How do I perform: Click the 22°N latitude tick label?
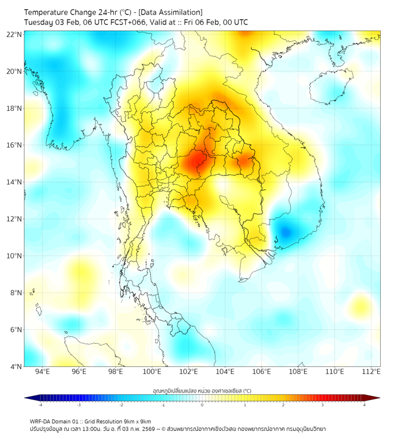point(15,34)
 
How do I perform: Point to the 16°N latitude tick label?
point(15,145)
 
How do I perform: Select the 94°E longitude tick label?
point(42,372)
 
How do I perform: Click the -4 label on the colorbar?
point(40,405)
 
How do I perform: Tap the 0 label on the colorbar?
point(202,405)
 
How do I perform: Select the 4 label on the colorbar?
point(364,405)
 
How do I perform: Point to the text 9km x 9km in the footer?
point(136,421)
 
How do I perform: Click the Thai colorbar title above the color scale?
point(202,391)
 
